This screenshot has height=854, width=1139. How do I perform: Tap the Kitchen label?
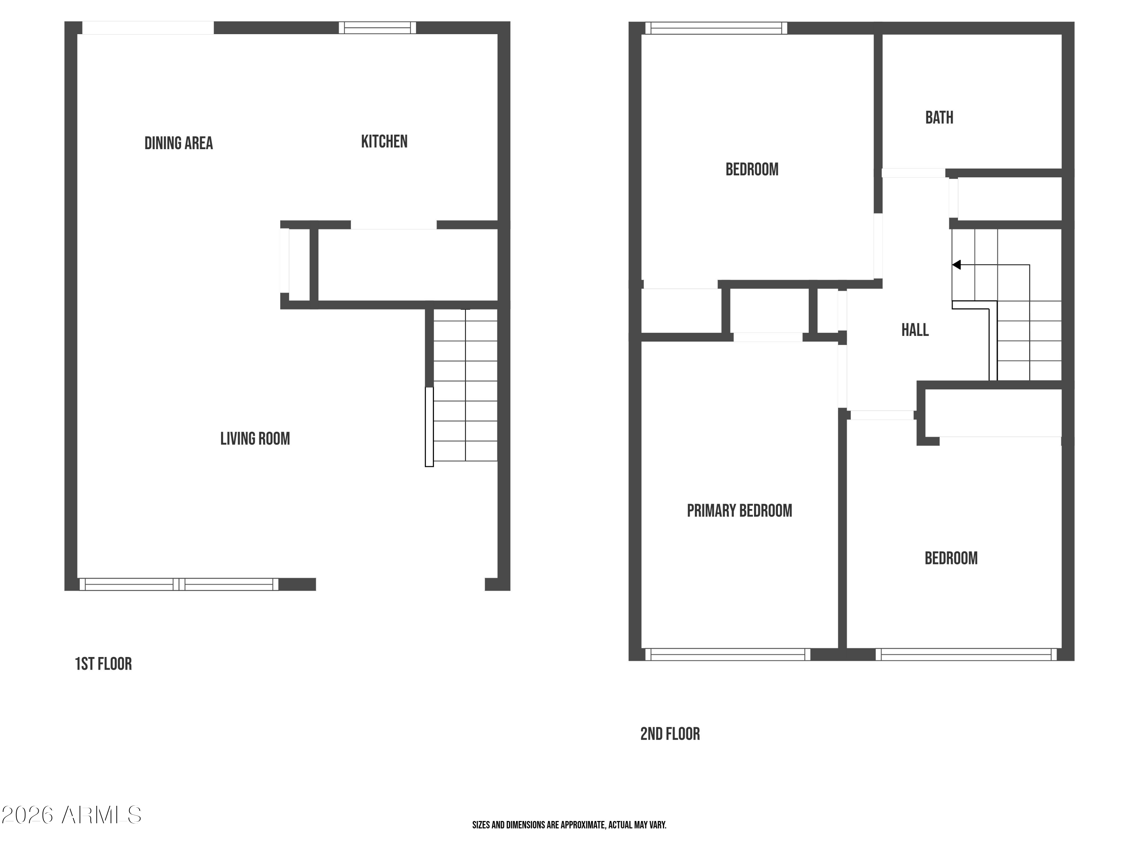(x=384, y=142)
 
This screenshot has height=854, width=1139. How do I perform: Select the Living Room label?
(x=255, y=439)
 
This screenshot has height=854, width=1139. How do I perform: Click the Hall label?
(x=915, y=330)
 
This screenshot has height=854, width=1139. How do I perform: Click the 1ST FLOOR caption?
(x=104, y=664)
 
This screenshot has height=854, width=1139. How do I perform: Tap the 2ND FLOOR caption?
(x=670, y=734)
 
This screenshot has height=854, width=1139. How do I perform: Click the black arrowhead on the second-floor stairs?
(x=956, y=265)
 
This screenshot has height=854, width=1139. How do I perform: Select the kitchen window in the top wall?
(x=377, y=28)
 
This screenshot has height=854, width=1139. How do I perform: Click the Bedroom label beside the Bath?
(x=752, y=169)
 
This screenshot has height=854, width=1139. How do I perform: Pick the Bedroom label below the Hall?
(x=951, y=558)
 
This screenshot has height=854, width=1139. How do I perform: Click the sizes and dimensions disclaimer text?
(x=569, y=825)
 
